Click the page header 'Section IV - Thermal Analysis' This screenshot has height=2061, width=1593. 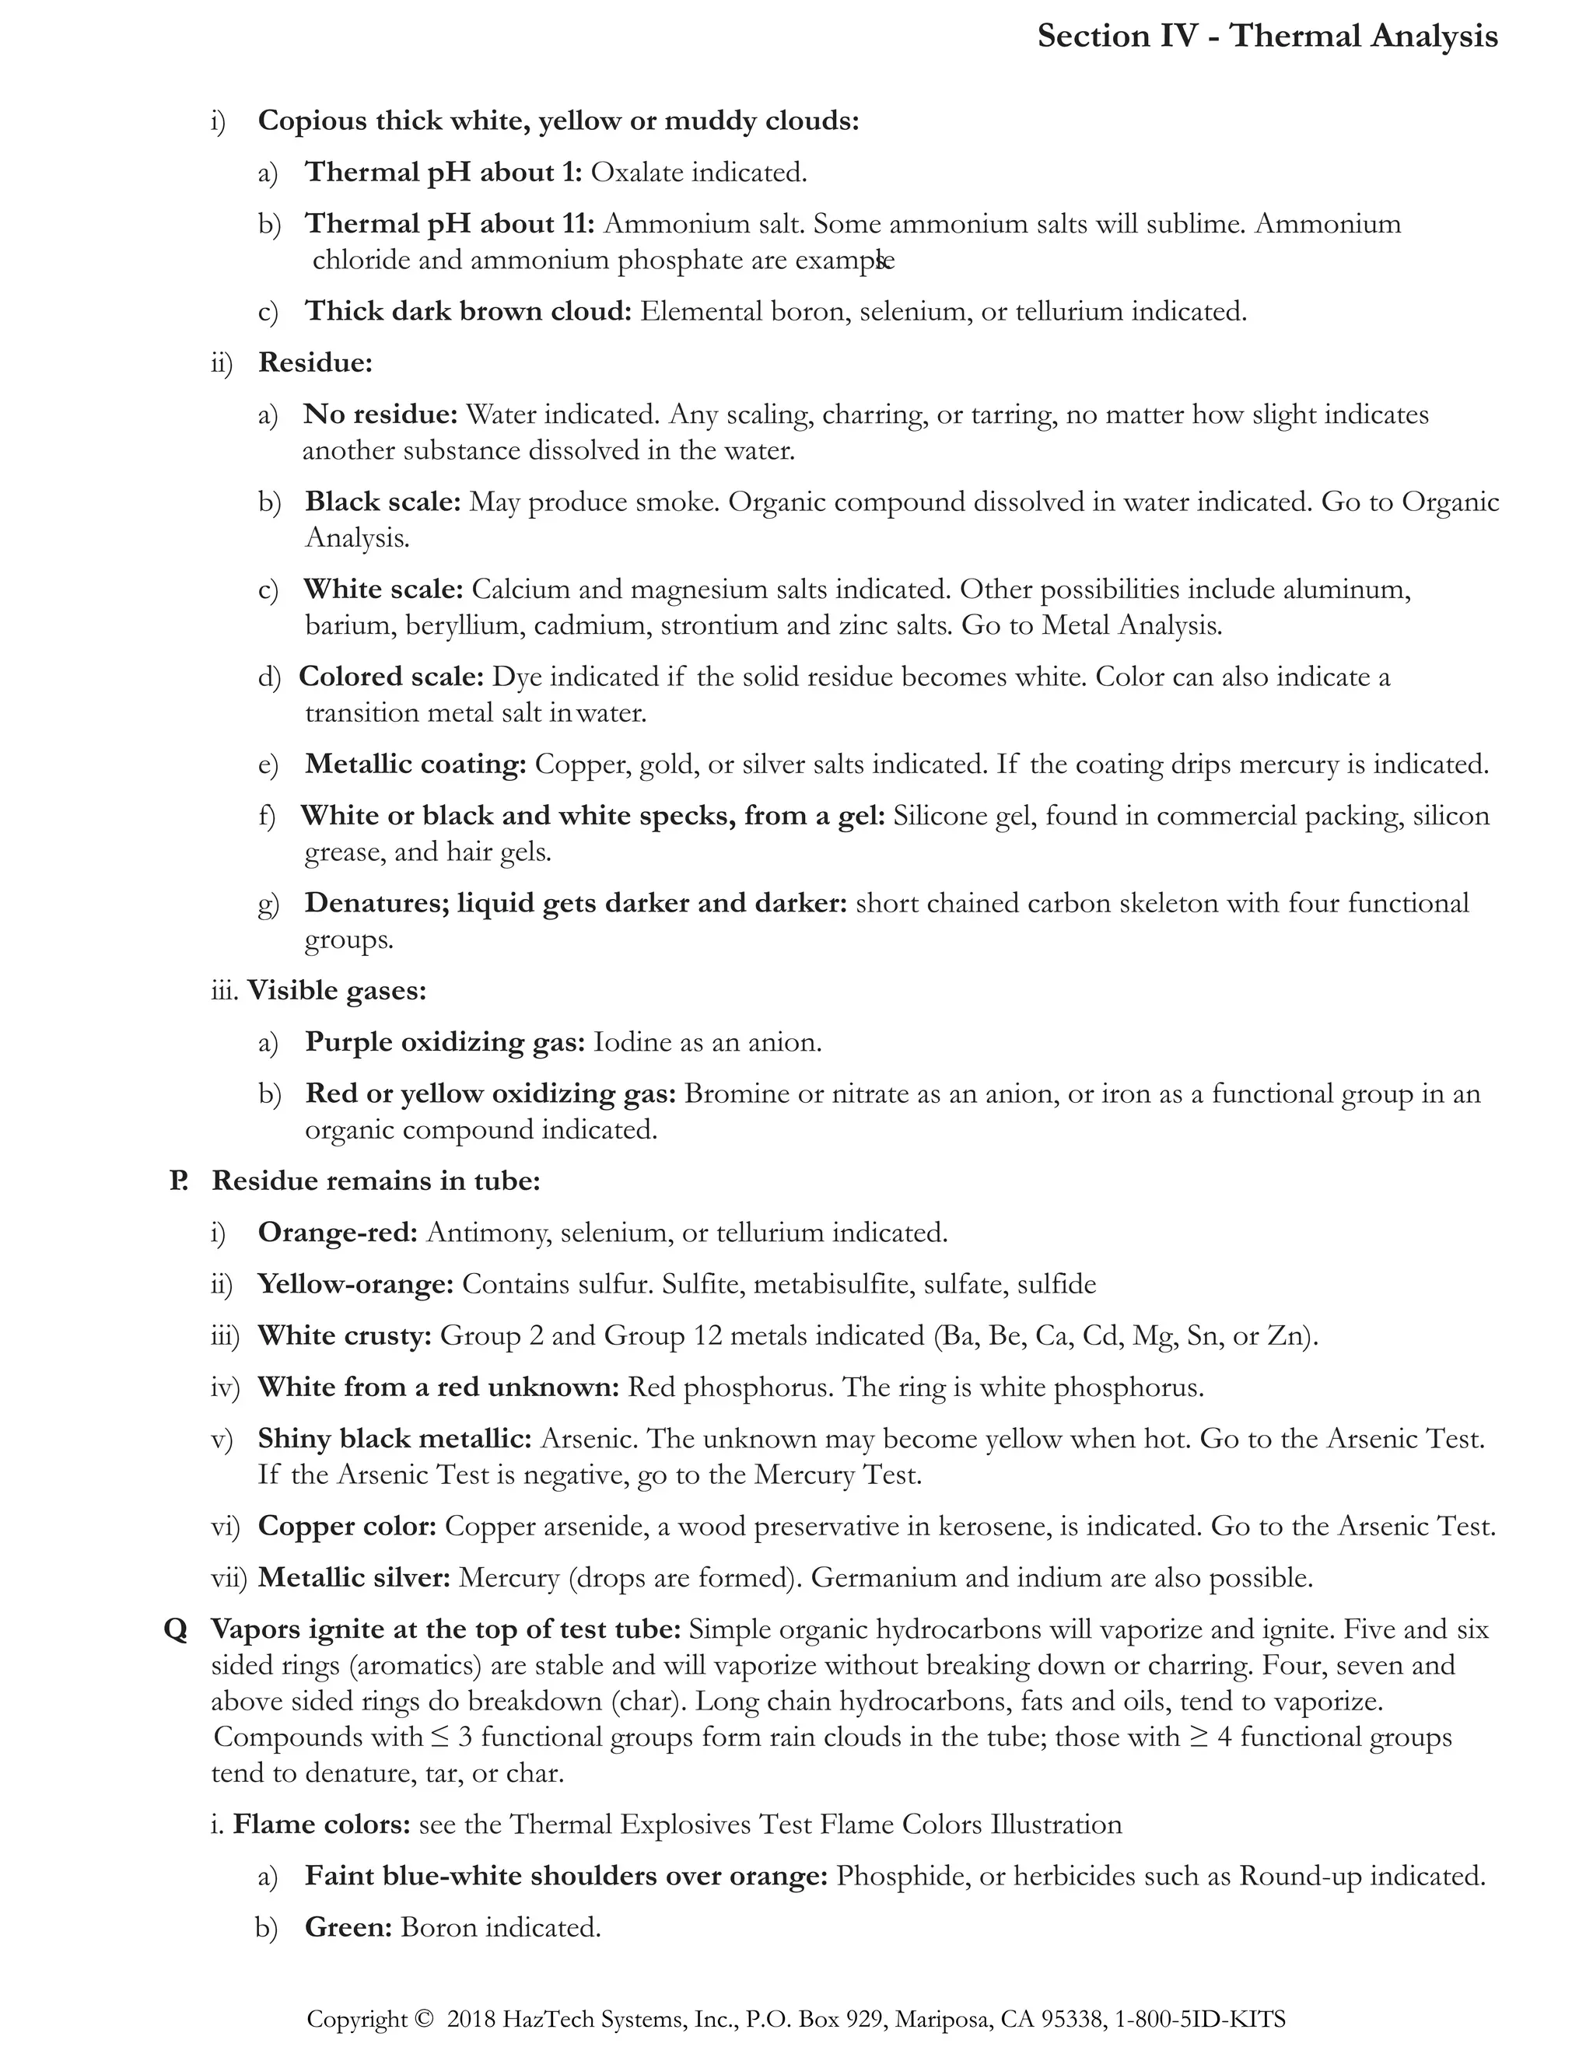pos(1266,36)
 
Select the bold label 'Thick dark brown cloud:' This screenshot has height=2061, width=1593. pos(467,311)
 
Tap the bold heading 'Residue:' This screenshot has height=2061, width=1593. pos(315,363)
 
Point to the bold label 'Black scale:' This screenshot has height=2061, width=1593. pos(382,502)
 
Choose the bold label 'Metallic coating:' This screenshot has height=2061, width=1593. pos(415,765)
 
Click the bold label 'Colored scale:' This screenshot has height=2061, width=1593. pos(390,677)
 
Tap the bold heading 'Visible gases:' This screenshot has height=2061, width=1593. pos(337,991)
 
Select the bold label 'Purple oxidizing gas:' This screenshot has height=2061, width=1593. pos(444,1043)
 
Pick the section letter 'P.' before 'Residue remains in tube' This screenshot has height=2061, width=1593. pos(178,1181)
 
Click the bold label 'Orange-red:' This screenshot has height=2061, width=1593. pos(337,1233)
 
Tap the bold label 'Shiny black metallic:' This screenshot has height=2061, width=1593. pos(394,1439)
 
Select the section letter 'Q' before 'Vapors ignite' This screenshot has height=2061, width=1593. pos(176,1629)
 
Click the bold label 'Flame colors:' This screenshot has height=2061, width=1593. pos(321,1825)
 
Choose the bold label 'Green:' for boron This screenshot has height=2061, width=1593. pos(347,1928)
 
